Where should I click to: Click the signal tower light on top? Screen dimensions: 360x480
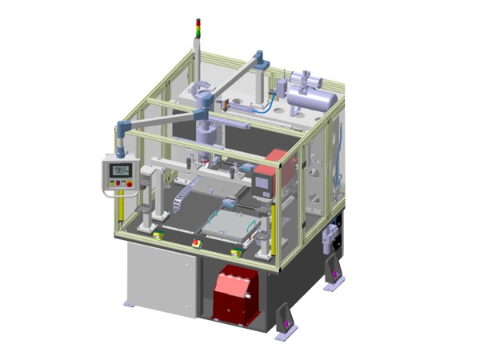198,28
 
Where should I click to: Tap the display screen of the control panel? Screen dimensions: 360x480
121,170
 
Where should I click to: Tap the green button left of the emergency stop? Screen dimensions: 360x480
159,234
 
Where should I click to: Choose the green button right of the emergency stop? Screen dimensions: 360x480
234,253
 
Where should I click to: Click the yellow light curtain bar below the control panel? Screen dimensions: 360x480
118,213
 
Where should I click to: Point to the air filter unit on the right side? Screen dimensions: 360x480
329,238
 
